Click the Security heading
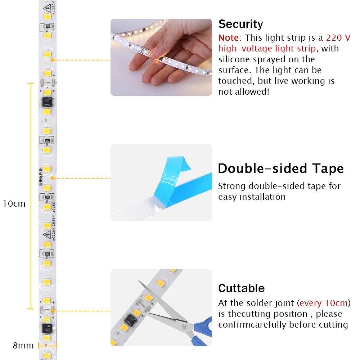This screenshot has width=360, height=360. click(240, 24)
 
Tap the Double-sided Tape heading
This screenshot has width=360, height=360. click(280, 168)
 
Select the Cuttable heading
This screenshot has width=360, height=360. click(241, 288)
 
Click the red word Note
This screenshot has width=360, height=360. click(229, 38)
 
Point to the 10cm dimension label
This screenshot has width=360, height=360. click(14, 204)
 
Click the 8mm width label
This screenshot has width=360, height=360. click(23, 346)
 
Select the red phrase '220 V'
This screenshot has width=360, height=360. click(338, 38)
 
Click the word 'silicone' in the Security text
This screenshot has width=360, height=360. click(234, 59)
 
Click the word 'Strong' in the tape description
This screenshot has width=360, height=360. click(232, 186)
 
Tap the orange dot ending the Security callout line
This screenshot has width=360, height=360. click(53, 60)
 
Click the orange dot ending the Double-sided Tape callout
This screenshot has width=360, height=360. click(53, 178)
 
